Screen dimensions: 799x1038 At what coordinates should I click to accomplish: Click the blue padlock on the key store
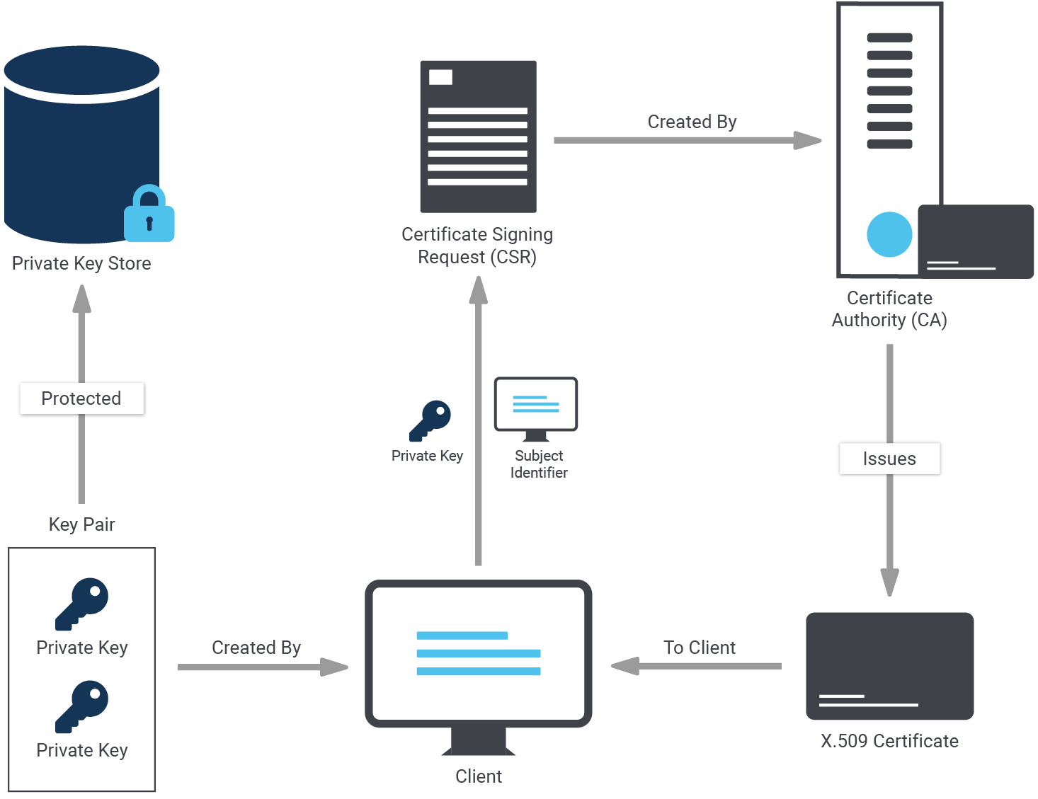[149, 214]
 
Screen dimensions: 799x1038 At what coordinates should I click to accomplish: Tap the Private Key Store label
[81, 263]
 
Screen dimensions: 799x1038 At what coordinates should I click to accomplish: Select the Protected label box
[81, 398]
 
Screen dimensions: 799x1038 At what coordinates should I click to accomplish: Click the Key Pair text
[81, 524]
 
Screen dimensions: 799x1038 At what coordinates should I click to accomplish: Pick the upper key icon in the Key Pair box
[82, 603]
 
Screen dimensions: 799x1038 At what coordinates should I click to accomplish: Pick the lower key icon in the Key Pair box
[82, 706]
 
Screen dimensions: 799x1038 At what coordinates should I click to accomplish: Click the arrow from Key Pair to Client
[262, 667]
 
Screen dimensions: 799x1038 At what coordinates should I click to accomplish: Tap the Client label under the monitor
[479, 776]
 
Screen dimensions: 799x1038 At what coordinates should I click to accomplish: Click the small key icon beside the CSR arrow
[430, 420]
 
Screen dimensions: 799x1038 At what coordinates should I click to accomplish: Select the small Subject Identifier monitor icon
[536, 408]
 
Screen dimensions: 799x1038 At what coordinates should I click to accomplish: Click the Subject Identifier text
[539, 464]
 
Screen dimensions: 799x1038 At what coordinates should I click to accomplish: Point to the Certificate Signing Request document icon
[478, 137]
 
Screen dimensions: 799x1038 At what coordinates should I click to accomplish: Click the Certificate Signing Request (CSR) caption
[477, 246]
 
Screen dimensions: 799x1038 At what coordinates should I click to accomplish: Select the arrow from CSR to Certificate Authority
[687, 140]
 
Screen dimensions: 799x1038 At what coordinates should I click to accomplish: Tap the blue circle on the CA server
[889, 234]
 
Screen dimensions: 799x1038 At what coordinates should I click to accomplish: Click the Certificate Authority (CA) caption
[889, 309]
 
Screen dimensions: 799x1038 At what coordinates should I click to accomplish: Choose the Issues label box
[889, 459]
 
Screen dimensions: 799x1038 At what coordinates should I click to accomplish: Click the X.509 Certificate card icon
[890, 666]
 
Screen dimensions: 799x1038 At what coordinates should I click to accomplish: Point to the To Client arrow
[697, 666]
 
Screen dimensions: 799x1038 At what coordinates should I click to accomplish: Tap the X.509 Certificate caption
[889, 741]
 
